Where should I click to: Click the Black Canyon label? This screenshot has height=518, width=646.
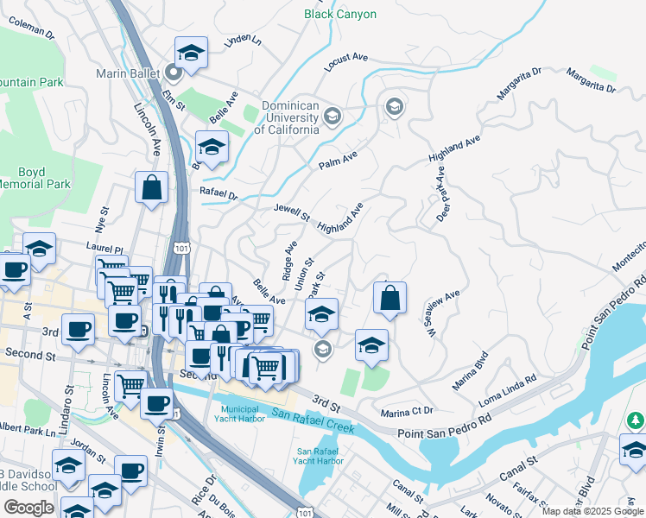[x=340, y=14]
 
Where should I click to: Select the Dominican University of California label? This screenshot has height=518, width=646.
[x=286, y=117]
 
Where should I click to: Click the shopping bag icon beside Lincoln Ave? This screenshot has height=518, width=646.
[x=152, y=187]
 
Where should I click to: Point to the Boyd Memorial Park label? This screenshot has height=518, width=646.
[x=33, y=178]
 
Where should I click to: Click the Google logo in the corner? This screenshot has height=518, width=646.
[x=28, y=508]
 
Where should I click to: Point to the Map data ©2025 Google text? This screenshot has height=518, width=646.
[x=592, y=511]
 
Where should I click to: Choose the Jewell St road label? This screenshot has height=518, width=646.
[x=291, y=212]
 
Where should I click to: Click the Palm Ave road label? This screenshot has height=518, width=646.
[x=338, y=160]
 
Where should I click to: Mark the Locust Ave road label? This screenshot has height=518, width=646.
[x=346, y=61]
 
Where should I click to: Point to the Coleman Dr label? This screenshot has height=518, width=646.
[x=32, y=30]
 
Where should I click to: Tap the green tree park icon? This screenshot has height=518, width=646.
[x=636, y=420]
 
